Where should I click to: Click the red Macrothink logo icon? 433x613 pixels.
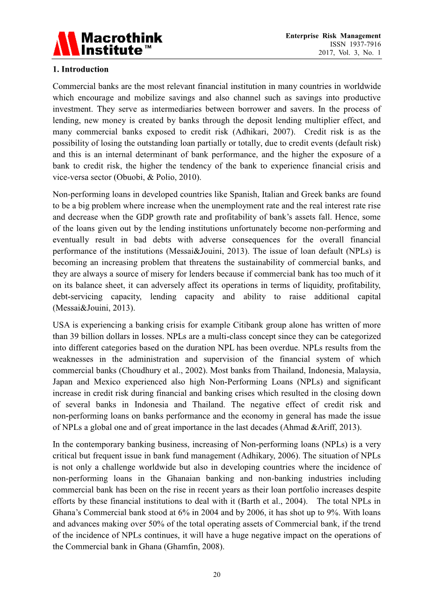(66, 44)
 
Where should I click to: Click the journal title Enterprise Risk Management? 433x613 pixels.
(333, 36)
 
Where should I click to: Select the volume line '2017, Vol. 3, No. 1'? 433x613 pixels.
(349, 53)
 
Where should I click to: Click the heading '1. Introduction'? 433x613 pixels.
(80, 69)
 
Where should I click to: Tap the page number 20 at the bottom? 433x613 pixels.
(216, 575)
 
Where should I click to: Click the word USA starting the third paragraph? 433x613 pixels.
(61, 325)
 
